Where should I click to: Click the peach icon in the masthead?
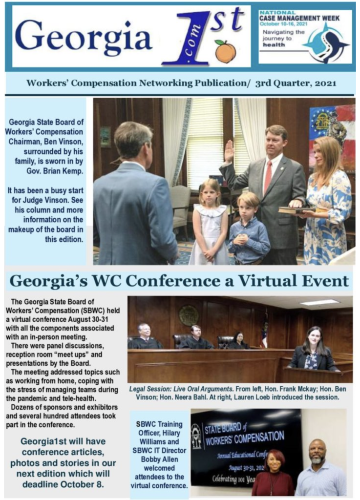click(x=225, y=52)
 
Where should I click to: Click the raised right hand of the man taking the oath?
click(x=229, y=151)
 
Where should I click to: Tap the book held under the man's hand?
click(x=292, y=209)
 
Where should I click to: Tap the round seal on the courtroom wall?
click(x=188, y=315)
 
